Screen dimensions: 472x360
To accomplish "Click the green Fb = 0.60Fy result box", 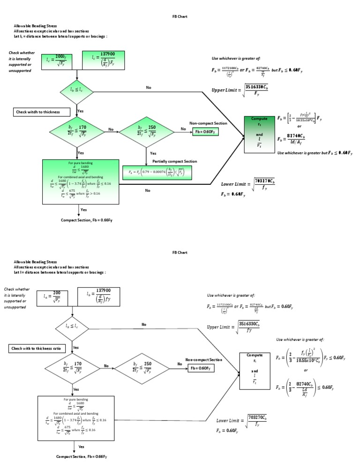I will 206,132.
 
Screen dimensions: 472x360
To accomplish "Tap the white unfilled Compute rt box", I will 255,371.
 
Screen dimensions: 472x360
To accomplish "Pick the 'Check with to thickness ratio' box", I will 39,349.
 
